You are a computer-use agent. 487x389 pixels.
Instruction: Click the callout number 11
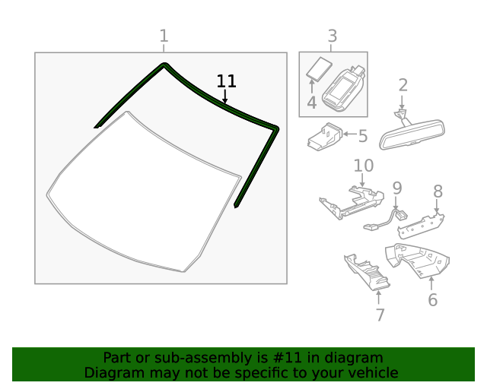coord(226,81)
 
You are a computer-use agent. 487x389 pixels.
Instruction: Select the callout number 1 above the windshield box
coord(163,36)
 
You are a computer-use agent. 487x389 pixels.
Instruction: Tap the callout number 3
coord(332,36)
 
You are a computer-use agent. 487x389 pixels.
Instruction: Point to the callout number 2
coord(403,85)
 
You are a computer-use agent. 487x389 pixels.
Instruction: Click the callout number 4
coord(312,103)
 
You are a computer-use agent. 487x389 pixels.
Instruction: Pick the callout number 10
coord(363,166)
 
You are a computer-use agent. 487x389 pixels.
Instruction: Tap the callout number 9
coord(396,186)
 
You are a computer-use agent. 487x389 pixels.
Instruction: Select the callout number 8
coord(438,190)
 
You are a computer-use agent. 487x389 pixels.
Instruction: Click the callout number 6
coord(432,299)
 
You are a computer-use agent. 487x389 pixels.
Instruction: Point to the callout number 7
coord(379,314)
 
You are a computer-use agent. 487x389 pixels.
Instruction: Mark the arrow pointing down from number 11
coord(224,97)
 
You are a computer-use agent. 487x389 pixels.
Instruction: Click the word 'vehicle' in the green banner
coord(371,372)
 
